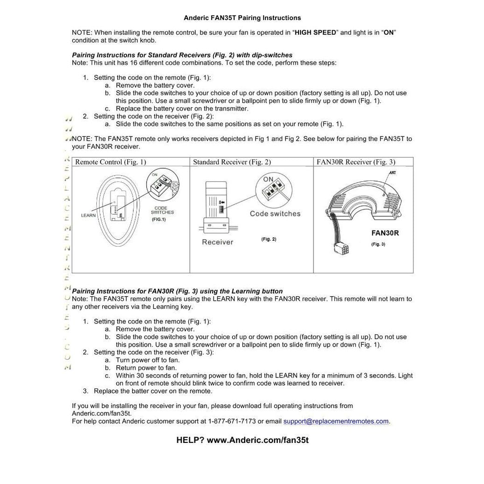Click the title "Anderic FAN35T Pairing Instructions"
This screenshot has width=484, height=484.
pyautogui.click(x=242, y=18)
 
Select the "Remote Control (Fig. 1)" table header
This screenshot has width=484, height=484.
pyautogui.click(x=111, y=162)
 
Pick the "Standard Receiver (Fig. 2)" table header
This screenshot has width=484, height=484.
pyautogui.click(x=232, y=162)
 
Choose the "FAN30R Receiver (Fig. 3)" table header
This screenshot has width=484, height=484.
pyautogui.click(x=356, y=162)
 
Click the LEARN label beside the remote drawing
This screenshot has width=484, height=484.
pyautogui.click(x=88, y=215)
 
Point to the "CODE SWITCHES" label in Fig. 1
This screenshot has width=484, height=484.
pyautogui.click(x=162, y=210)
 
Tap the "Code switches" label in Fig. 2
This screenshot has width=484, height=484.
pyautogui.click(x=275, y=214)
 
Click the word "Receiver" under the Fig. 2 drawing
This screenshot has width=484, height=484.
pyautogui.click(x=217, y=242)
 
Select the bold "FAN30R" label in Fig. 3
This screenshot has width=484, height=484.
pyautogui.click(x=385, y=233)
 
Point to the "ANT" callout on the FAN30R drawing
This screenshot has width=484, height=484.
pyautogui.click(x=393, y=173)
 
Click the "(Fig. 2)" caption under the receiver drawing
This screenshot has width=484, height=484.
pyautogui.click(x=269, y=239)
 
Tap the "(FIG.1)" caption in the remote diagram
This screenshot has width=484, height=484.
pyautogui.click(x=159, y=219)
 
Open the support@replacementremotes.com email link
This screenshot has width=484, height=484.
pyautogui.click(x=336, y=421)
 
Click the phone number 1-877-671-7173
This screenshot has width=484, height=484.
pyautogui.click(x=232, y=421)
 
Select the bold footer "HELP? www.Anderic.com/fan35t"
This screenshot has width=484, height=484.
pyautogui.click(x=242, y=440)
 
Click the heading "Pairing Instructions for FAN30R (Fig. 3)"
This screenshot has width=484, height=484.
pyautogui.click(x=177, y=291)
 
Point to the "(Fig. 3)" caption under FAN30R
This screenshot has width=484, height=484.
pyautogui.click(x=378, y=244)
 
